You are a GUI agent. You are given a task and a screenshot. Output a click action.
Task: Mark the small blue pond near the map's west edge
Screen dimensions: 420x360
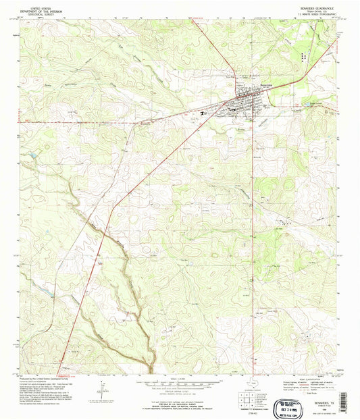point(31,157)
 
